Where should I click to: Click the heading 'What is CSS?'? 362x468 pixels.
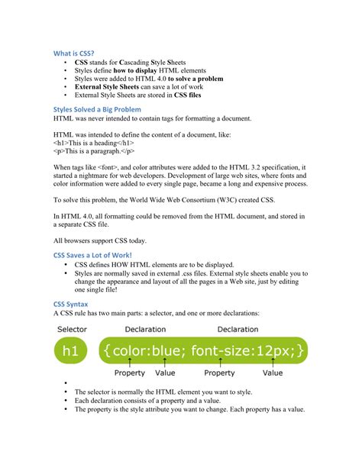(x=73, y=53)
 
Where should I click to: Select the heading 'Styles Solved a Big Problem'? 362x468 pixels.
(x=97, y=110)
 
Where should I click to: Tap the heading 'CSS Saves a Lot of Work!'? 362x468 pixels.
(x=92, y=254)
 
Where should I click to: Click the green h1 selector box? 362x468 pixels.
(x=71, y=350)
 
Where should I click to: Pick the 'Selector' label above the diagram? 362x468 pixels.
(x=71, y=329)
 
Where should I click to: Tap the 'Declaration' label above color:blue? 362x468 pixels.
(x=145, y=329)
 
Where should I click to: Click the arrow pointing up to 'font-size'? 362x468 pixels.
(x=219, y=363)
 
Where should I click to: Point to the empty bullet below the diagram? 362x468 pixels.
(x=66, y=384)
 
